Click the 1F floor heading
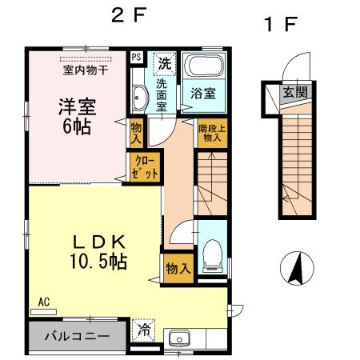click(x=280, y=24)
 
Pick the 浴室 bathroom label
click(x=202, y=94)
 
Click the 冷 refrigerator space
click(x=144, y=329)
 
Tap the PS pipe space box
click(x=136, y=58)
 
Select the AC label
click(x=43, y=302)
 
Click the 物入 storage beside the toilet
click(x=178, y=268)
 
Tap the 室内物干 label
click(x=86, y=70)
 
